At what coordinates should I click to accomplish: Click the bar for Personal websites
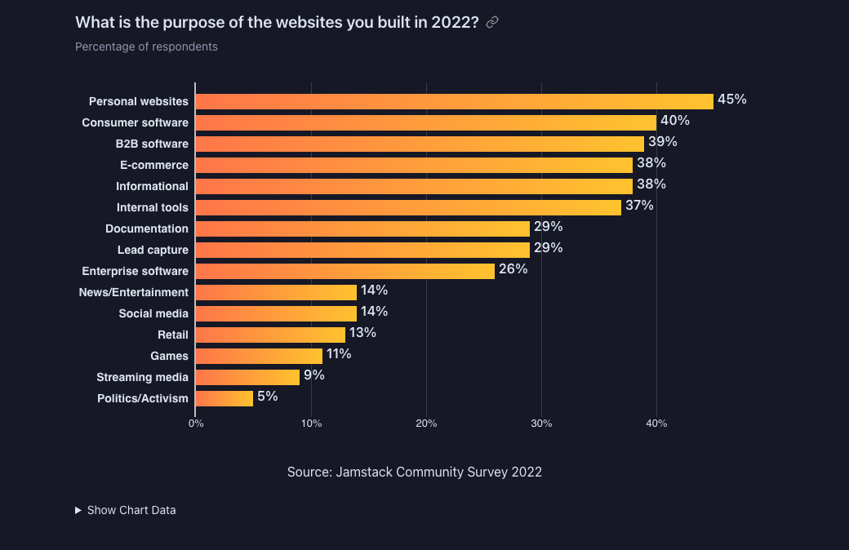coord(454,101)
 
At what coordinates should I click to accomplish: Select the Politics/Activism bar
coord(224,398)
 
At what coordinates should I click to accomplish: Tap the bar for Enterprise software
coord(344,271)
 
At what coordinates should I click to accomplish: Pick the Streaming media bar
coord(247,377)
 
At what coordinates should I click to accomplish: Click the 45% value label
coord(731,100)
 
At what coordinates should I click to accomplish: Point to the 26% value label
coord(513,269)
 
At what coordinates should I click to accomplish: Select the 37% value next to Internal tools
coord(639,206)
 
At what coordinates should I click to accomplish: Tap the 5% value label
coord(268,397)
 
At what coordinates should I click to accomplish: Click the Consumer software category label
coord(135,122)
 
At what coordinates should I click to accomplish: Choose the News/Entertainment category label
coord(133,292)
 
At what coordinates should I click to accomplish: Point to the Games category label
coord(169,356)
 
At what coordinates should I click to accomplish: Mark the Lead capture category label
coord(153,250)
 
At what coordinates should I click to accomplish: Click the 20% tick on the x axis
coord(426,424)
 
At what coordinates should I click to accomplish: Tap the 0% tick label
coord(196,424)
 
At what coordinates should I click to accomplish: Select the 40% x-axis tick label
coord(656,424)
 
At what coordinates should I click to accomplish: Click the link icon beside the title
coord(492,23)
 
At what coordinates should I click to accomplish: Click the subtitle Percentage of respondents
coord(146,47)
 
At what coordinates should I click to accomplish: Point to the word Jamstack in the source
coord(363,472)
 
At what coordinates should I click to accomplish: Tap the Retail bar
coord(270,335)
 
